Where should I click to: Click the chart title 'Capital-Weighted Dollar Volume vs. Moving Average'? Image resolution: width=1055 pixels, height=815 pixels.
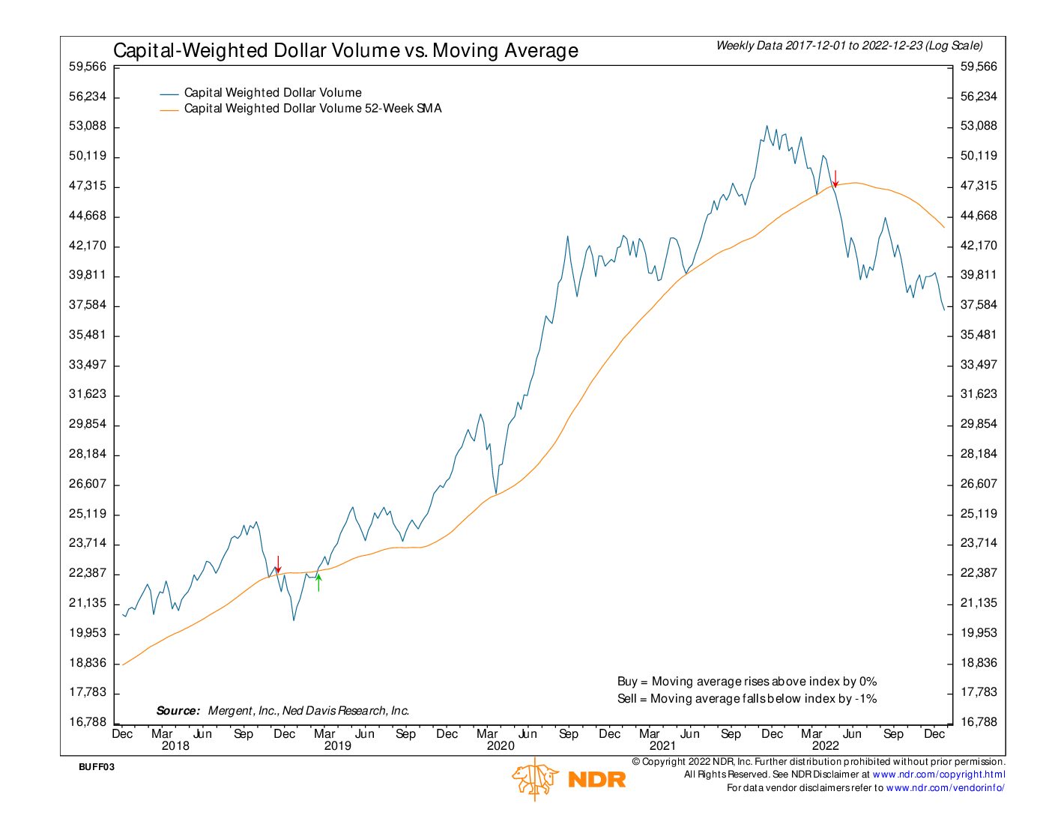pyautogui.click(x=345, y=50)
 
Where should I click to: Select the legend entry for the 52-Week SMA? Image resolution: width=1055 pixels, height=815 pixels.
pyautogui.click(x=312, y=109)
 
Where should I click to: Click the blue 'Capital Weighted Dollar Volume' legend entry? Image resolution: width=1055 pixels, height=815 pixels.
pyautogui.click(x=273, y=93)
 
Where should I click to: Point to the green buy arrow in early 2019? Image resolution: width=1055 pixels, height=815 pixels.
pyautogui.click(x=318, y=581)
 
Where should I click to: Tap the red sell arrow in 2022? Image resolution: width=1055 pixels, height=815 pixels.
pyautogui.click(x=835, y=179)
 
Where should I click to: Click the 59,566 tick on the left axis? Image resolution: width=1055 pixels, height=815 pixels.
pyautogui.click(x=88, y=67)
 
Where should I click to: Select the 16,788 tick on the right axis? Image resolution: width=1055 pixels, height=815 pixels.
pyautogui.click(x=979, y=722)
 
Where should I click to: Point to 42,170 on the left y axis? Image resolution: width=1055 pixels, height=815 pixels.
pyautogui.click(x=88, y=246)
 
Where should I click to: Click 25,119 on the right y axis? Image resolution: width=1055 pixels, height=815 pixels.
pyautogui.click(x=979, y=514)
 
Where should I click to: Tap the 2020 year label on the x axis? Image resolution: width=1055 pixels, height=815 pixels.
pyautogui.click(x=501, y=746)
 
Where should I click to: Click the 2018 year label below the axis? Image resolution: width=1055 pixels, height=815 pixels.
pyautogui.click(x=175, y=746)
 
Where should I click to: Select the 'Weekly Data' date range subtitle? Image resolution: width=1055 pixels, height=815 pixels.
pyautogui.click(x=849, y=46)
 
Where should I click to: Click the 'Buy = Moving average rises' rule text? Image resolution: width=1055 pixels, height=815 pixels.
pyautogui.click(x=746, y=682)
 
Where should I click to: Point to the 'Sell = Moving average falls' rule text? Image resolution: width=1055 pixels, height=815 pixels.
pyautogui.click(x=746, y=699)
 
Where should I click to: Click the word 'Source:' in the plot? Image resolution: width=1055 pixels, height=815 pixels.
pyautogui.click(x=178, y=711)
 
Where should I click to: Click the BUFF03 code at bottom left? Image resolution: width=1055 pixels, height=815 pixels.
pyautogui.click(x=97, y=767)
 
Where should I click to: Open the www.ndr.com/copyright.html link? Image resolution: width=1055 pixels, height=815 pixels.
pyautogui.click(x=939, y=775)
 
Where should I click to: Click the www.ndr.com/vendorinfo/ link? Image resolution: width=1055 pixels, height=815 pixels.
pyautogui.click(x=945, y=788)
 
